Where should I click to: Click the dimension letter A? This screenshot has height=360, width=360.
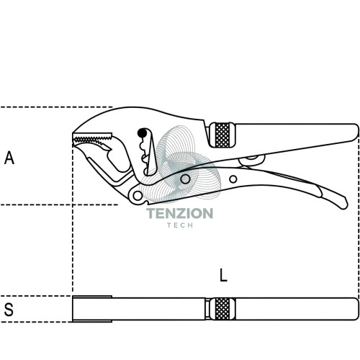[x=9, y=158]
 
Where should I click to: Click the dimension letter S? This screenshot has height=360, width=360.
[x=9, y=310]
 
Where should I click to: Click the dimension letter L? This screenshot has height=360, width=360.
[x=223, y=275]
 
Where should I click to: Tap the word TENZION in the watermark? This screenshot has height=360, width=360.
[x=179, y=213]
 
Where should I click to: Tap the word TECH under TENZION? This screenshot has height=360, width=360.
[x=180, y=225]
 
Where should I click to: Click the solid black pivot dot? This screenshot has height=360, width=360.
[x=142, y=133]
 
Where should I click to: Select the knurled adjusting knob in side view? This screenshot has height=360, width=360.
[x=222, y=135]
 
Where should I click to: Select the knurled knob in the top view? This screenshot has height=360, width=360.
[x=222, y=309]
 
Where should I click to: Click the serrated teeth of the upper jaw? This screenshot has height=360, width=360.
[x=93, y=138]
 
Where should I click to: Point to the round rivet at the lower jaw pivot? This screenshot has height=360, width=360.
[x=138, y=195]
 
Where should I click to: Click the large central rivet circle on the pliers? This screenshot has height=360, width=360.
[x=185, y=179]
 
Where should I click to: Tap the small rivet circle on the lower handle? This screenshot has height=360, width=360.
[x=233, y=179]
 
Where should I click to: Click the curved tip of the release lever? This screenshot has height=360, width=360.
[x=343, y=204]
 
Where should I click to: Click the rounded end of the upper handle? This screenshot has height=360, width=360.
[x=356, y=132]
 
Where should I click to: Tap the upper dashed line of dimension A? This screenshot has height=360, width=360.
[x=56, y=107]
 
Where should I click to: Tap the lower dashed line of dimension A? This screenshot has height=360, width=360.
[x=59, y=204]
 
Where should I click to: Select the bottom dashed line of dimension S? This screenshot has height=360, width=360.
[x=36, y=322]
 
